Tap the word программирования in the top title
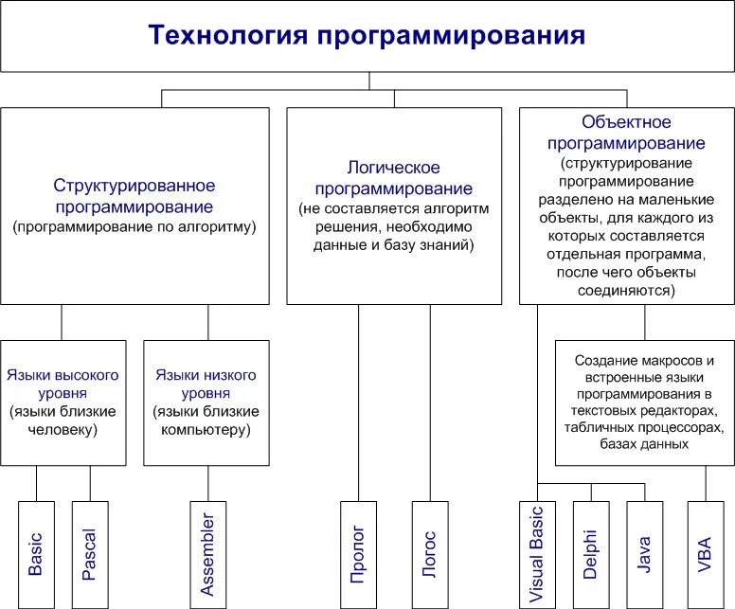pyautogui.click(x=450, y=36)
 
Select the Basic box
pyautogui.click(x=36, y=553)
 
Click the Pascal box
pyautogui.click(x=90, y=553)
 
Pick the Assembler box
pyautogui.click(x=208, y=553)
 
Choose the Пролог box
pyautogui.click(x=358, y=553)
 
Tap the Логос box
pyautogui.click(x=429, y=553)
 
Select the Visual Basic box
pyautogui.click(x=537, y=553)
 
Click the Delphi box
pyautogui.click(x=591, y=553)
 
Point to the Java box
pyautogui.click(x=645, y=553)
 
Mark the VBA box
pyautogui.click(x=704, y=553)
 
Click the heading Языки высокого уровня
pyautogui.click(x=63, y=384)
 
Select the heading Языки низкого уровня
pyautogui.click(x=206, y=384)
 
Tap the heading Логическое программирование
pyautogui.click(x=393, y=177)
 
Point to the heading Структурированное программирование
pyautogui.click(x=134, y=195)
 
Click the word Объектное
pyautogui.click(x=627, y=122)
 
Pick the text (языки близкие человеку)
pyautogui.click(x=63, y=420)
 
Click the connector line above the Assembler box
pyautogui.click(x=208, y=482)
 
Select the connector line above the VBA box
pyautogui.click(x=704, y=482)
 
